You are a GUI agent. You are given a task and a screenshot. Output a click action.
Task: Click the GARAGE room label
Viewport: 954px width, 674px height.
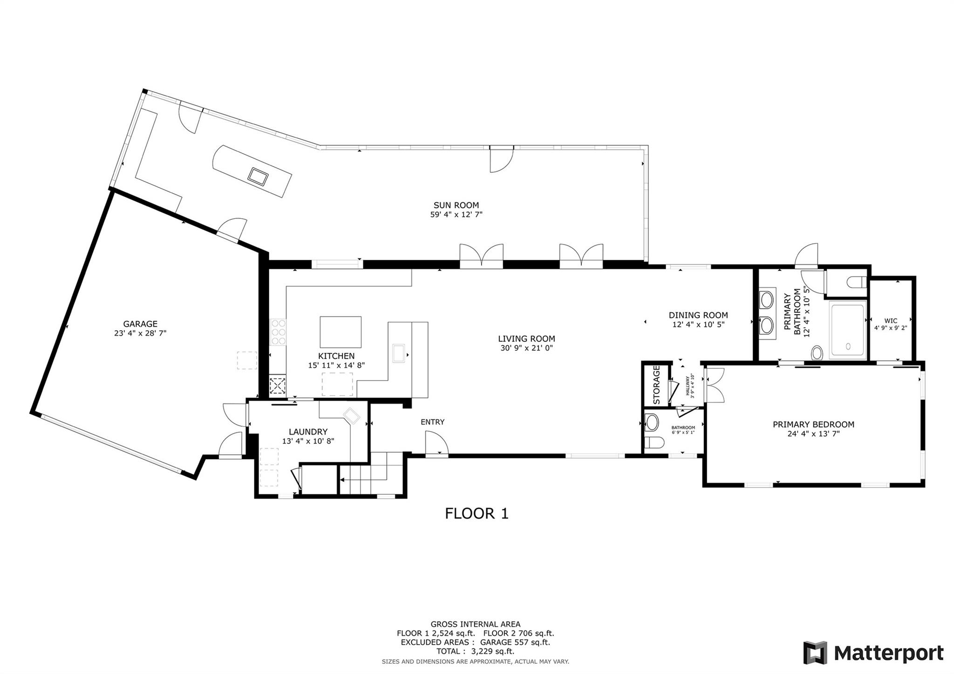point(140,324)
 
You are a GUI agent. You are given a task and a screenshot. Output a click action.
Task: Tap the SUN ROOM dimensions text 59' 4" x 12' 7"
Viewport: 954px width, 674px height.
point(456,215)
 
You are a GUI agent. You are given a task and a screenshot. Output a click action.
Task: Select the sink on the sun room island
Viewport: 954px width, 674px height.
point(258,176)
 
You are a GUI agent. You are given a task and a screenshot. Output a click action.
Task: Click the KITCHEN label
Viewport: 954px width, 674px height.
point(336,356)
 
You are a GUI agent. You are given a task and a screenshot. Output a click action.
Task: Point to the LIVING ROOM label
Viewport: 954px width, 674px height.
point(526,339)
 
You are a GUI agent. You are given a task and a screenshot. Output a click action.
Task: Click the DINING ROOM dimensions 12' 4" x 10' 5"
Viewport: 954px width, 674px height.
point(698,325)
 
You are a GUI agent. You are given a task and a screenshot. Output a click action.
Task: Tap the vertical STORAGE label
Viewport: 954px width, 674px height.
point(656,385)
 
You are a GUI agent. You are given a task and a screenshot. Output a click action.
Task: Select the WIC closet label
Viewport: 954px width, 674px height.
point(890,321)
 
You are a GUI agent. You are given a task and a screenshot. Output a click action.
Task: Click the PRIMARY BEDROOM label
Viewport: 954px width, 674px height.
point(813,424)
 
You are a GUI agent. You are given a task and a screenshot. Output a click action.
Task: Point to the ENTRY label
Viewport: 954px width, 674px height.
point(432,422)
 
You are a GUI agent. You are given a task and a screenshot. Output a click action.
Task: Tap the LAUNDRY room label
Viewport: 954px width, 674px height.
point(308,432)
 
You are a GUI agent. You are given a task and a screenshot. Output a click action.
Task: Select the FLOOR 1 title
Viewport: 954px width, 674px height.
point(477,514)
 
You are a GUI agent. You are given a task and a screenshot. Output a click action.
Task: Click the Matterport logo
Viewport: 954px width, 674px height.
point(873,653)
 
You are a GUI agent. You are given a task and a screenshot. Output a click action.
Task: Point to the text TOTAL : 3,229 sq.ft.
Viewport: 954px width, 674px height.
point(475,651)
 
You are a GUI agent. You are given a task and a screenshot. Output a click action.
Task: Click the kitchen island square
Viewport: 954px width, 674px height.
point(341,332)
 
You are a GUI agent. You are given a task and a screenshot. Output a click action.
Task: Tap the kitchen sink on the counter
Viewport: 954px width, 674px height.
point(399,353)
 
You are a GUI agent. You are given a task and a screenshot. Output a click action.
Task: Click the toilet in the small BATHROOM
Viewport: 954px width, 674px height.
point(654,443)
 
